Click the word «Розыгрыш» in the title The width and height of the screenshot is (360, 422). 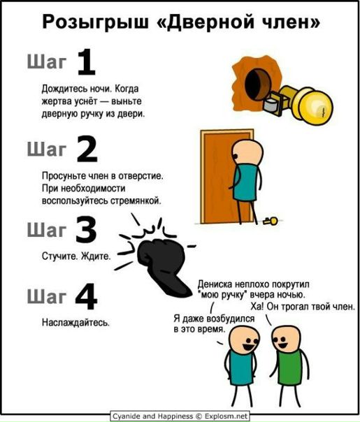point(96,22)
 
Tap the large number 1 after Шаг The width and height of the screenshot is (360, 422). point(87,62)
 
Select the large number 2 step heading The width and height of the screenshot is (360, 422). point(87,149)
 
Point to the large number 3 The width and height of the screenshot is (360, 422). point(86,230)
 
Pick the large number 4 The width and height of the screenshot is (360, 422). point(86,296)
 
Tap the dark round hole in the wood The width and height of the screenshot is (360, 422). point(258,85)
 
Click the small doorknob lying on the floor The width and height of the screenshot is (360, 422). point(271,221)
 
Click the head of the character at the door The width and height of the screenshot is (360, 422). point(247,152)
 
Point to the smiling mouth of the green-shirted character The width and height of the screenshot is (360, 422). point(282,344)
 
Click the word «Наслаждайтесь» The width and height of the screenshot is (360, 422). point(75,322)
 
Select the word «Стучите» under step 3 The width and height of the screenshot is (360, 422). point(59,256)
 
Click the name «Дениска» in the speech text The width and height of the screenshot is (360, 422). point(215,284)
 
